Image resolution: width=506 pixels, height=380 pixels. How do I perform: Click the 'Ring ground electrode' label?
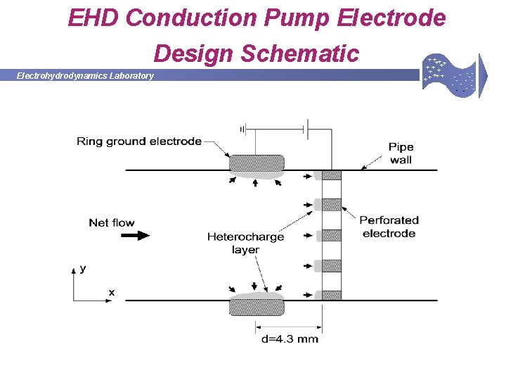(139, 141)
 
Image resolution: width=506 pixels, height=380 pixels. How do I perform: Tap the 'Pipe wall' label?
(401, 153)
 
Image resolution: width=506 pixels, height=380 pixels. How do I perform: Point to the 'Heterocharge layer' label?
(245, 243)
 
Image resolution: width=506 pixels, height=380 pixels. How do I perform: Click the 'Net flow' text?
(112, 223)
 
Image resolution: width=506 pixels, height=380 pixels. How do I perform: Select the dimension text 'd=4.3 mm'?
(290, 339)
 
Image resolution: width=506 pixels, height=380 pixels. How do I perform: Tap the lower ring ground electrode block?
(257, 307)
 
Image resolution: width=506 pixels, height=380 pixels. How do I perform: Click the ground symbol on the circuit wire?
(242, 129)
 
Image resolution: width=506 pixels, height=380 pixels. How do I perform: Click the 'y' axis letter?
(83, 268)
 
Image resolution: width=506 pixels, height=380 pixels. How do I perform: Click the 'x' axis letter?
(111, 291)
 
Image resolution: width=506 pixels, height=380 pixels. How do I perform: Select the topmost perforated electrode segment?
(332, 175)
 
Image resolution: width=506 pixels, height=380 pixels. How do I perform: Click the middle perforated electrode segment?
(332, 235)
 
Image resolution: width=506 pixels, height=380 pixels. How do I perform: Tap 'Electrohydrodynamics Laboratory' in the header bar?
(85, 76)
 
